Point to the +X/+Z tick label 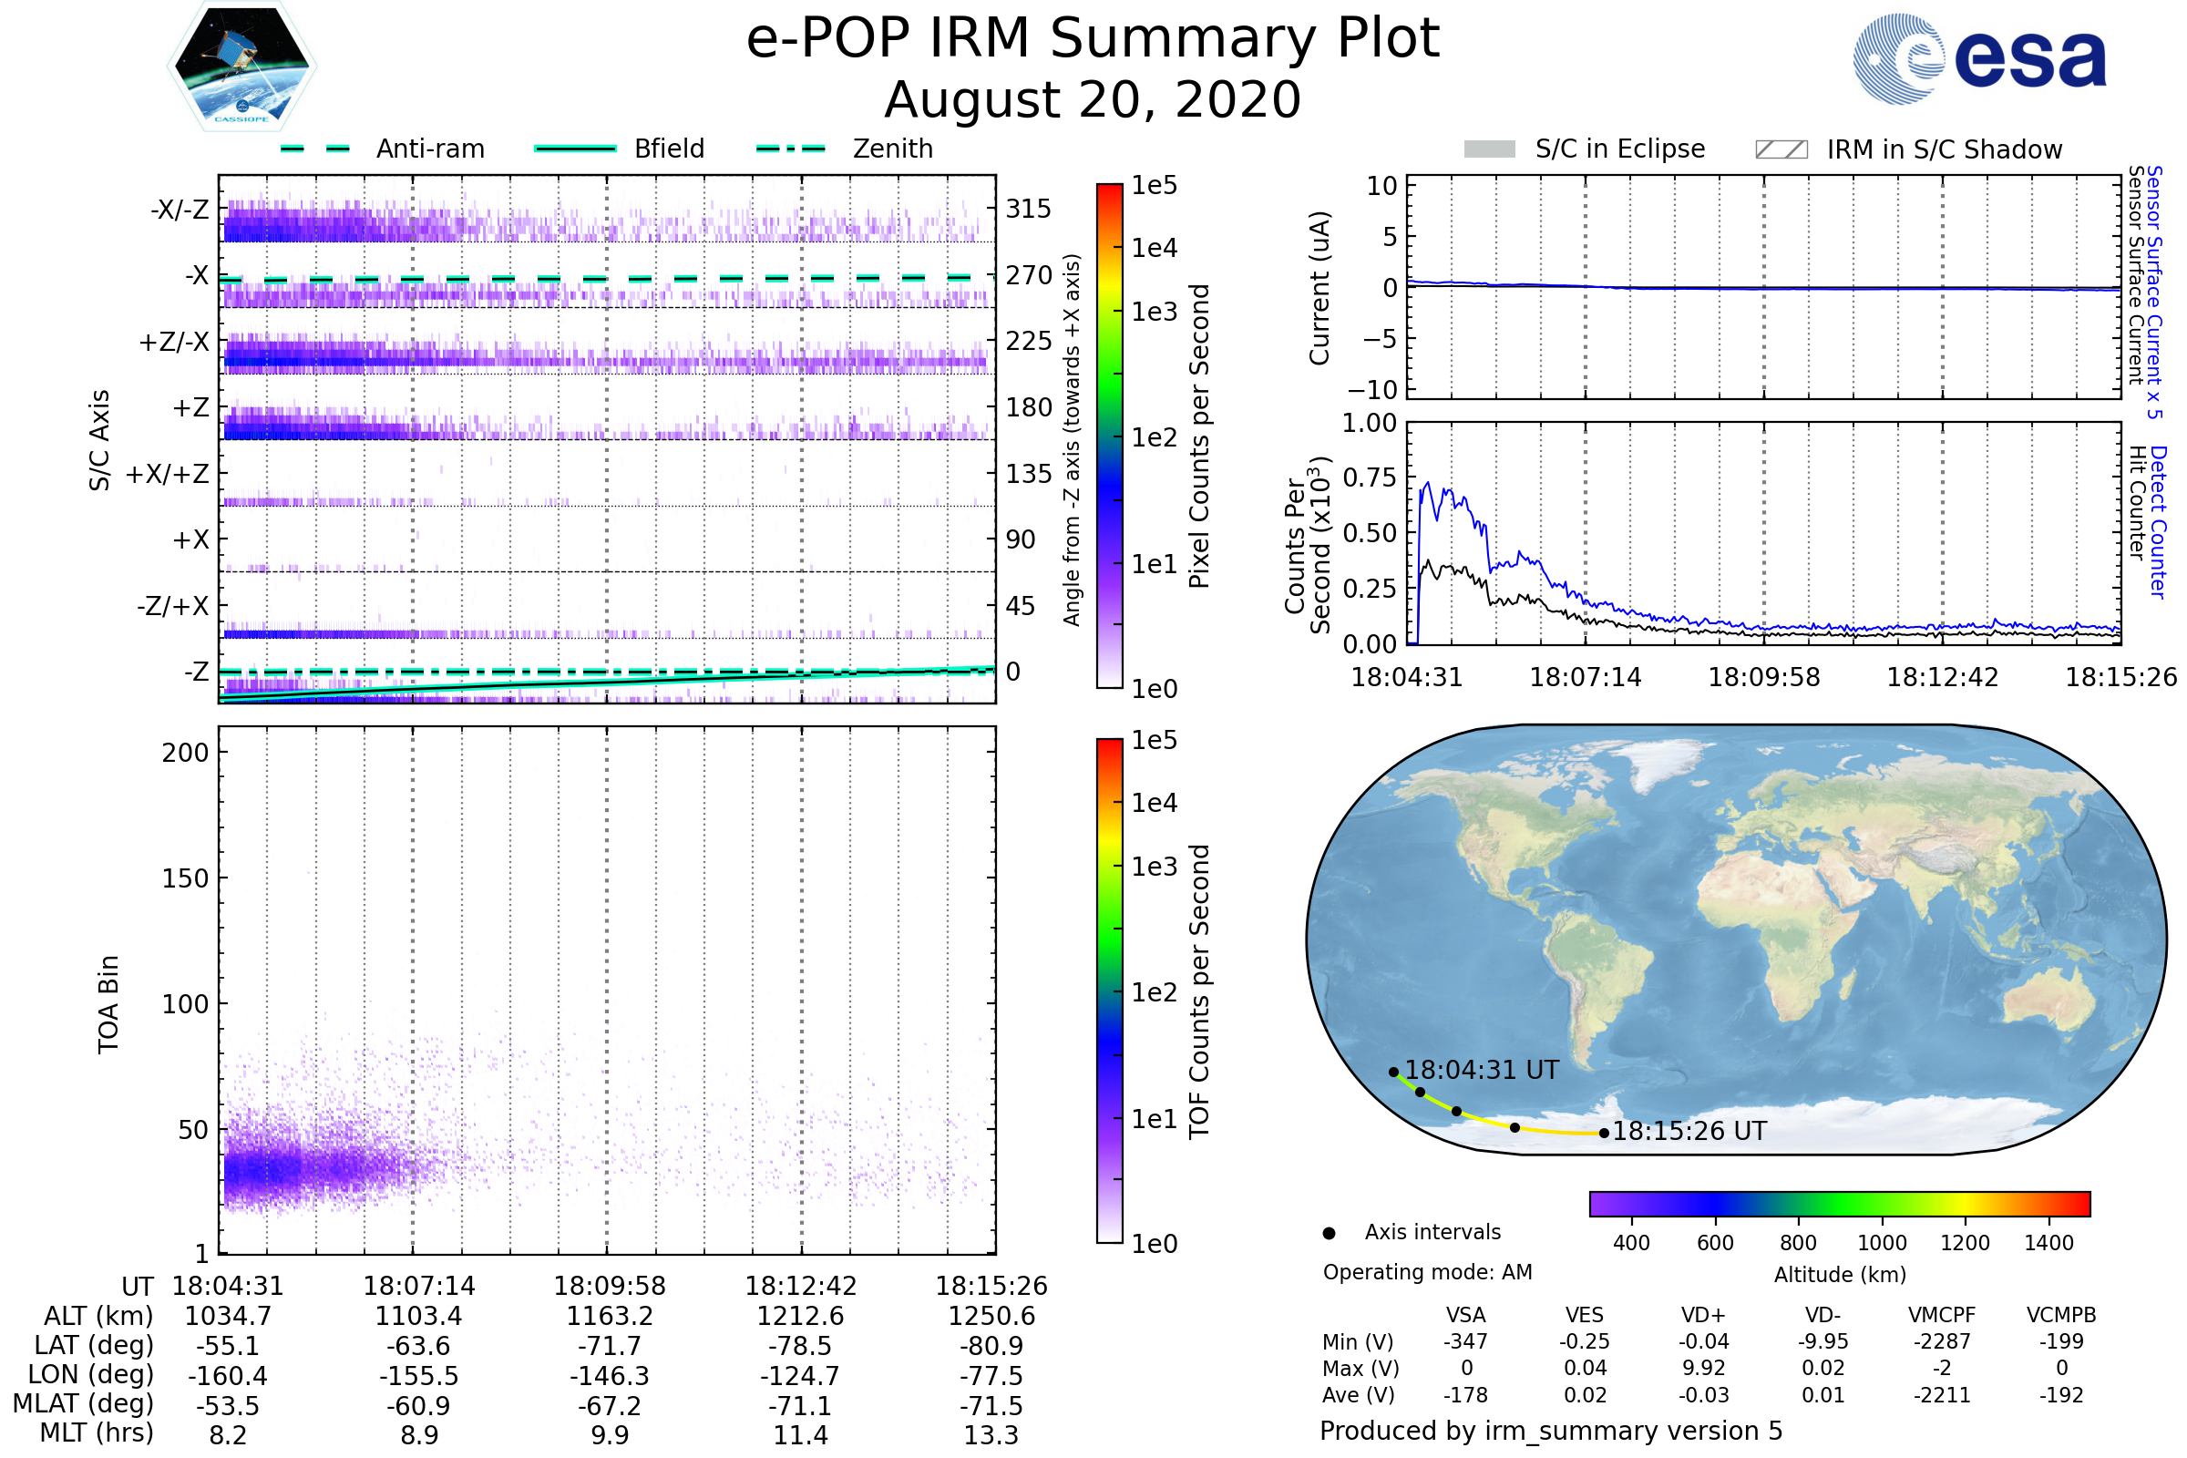point(168,474)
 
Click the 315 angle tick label point(1028,209)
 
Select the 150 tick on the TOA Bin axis point(185,878)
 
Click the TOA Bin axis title point(108,1004)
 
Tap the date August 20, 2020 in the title point(1093,99)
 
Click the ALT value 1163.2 point(610,1317)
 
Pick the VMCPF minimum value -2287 point(1942,1341)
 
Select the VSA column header point(1465,1316)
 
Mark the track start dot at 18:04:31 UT point(1394,1073)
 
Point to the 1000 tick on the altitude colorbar point(1882,1243)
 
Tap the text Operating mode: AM point(1427,1272)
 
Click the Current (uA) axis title point(1319,288)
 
